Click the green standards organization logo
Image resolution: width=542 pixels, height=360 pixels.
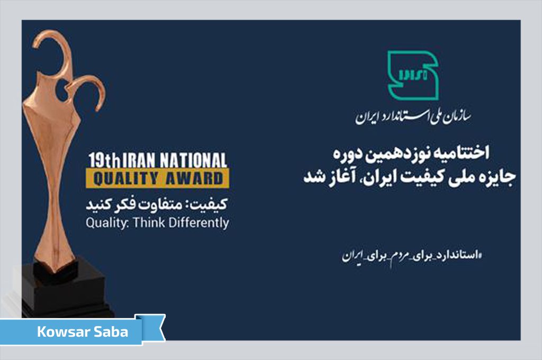click(413, 75)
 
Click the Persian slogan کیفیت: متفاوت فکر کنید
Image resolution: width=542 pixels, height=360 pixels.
click(158, 204)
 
